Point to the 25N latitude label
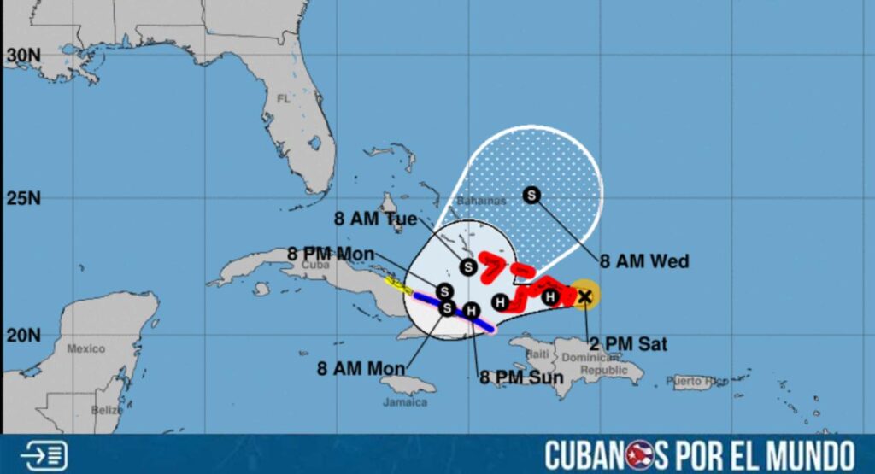23,199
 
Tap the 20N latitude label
23,335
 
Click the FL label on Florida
284,99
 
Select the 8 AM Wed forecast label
644,261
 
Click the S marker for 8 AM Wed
531,196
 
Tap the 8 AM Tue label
376,219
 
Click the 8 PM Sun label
521,377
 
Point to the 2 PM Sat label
627,345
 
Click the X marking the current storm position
584,296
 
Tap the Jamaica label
406,401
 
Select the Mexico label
85,348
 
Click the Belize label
108,410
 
